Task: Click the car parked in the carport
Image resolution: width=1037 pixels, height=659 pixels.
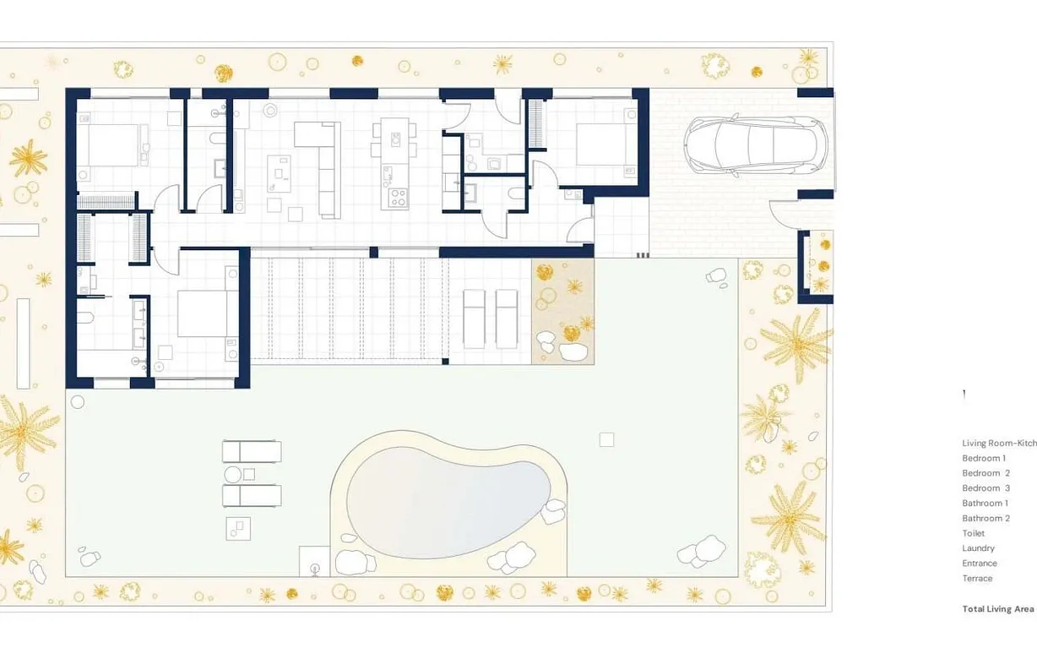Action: [756, 145]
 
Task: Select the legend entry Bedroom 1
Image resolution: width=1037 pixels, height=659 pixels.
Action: [984, 458]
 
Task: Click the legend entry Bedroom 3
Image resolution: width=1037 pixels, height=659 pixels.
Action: [985, 488]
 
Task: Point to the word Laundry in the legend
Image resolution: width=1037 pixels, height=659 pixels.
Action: [978, 548]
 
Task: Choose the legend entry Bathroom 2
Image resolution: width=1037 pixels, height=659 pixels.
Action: [985, 518]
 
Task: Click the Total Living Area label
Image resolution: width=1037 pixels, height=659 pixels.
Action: [997, 608]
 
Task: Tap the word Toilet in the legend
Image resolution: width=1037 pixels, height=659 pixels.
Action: [973, 533]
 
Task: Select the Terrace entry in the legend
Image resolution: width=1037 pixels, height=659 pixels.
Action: [977, 579]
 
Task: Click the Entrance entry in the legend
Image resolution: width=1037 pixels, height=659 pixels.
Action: [980, 564]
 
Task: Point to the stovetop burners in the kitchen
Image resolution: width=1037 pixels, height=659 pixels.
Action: [396, 199]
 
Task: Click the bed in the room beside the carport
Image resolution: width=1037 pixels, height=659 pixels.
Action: [605, 144]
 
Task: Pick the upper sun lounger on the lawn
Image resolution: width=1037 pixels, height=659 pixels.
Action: [251, 451]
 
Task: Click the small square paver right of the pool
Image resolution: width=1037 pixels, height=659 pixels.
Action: [606, 439]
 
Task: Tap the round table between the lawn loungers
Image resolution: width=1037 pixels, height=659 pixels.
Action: [234, 474]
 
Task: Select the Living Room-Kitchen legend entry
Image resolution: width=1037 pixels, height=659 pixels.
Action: [999, 443]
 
